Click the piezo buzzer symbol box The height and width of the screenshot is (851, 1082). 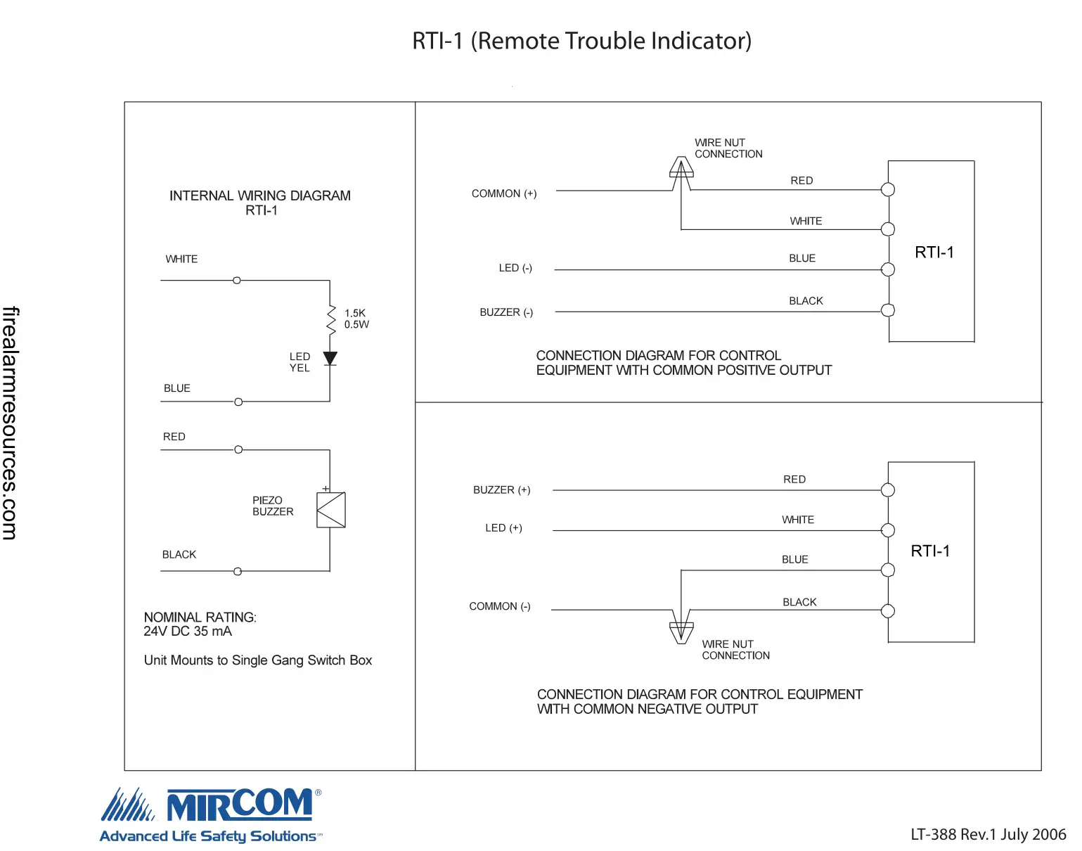pyautogui.click(x=331, y=510)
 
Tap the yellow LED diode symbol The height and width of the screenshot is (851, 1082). pyautogui.click(x=330, y=359)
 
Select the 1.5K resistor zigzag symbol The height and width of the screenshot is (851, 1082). pyautogui.click(x=330, y=319)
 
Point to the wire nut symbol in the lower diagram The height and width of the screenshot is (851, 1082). pyautogui.click(x=681, y=631)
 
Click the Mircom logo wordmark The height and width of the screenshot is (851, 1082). pyautogui.click(x=239, y=805)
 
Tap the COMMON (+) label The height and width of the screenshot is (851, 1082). pyautogui.click(x=503, y=193)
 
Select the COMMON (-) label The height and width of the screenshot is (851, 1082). pyautogui.click(x=499, y=606)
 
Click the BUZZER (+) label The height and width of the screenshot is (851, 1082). pyautogui.click(x=501, y=490)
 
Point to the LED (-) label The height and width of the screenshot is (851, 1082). pyautogui.click(x=515, y=268)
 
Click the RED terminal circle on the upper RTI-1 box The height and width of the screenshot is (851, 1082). pyautogui.click(x=888, y=189)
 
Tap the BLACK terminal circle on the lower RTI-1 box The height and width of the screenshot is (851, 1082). pyautogui.click(x=888, y=610)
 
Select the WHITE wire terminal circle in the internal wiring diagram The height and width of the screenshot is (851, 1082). pyautogui.click(x=237, y=280)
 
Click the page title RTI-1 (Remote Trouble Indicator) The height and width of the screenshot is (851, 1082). pyautogui.click(x=581, y=41)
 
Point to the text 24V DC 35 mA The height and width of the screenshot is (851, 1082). pyautogui.click(x=187, y=632)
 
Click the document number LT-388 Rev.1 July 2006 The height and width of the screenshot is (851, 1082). pyautogui.click(x=988, y=834)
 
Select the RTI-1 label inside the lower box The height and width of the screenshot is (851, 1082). pyautogui.click(x=929, y=551)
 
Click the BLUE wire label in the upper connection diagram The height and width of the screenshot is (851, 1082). pyautogui.click(x=801, y=258)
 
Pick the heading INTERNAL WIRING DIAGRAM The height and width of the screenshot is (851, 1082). pyautogui.click(x=259, y=196)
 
